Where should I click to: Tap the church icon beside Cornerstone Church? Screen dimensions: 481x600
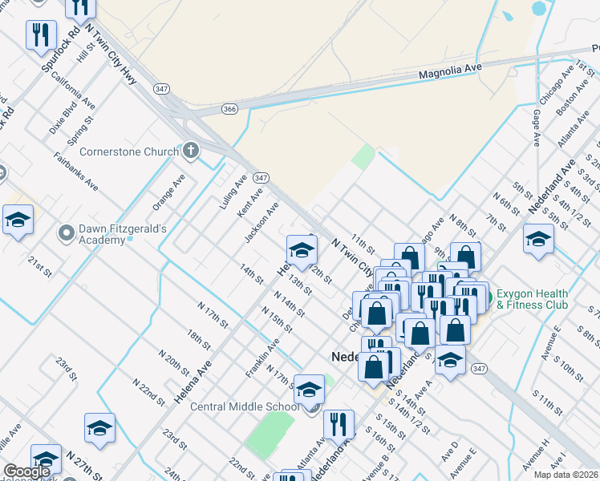click(x=190, y=150)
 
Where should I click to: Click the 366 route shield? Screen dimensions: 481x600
click(x=230, y=109)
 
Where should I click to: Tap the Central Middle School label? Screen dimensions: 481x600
click(x=245, y=406)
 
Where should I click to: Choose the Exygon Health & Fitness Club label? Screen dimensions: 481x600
click(x=533, y=299)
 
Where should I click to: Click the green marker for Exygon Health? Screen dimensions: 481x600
click(x=484, y=300)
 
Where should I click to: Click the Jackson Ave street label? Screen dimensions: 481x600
click(x=261, y=223)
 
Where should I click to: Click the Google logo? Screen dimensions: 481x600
click(x=27, y=472)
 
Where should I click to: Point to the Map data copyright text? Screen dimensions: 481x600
click(x=566, y=475)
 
